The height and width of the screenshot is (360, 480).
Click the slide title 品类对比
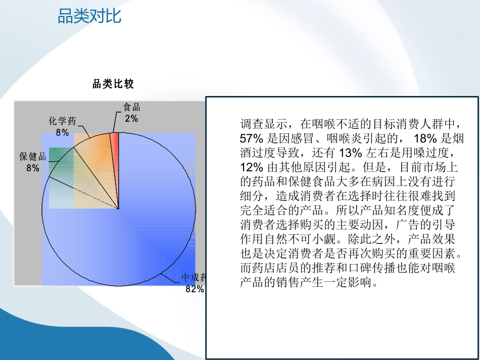pyautogui.click(x=89, y=17)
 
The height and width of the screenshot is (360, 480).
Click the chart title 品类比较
pyautogui.click(x=113, y=84)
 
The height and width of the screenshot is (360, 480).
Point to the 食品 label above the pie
pyautogui.click(x=131, y=108)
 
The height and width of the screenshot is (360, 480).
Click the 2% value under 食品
pyautogui.click(x=131, y=119)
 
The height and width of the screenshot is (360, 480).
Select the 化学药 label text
pyautogui.click(x=63, y=121)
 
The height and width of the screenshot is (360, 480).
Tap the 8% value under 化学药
pyautogui.click(x=63, y=132)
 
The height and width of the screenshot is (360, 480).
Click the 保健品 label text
pyautogui.click(x=33, y=157)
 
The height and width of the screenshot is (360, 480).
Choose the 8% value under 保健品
pyautogui.click(x=33, y=168)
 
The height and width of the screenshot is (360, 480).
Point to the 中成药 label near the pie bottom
pyautogui.click(x=195, y=278)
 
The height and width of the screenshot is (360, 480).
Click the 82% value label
pyautogui.click(x=195, y=289)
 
